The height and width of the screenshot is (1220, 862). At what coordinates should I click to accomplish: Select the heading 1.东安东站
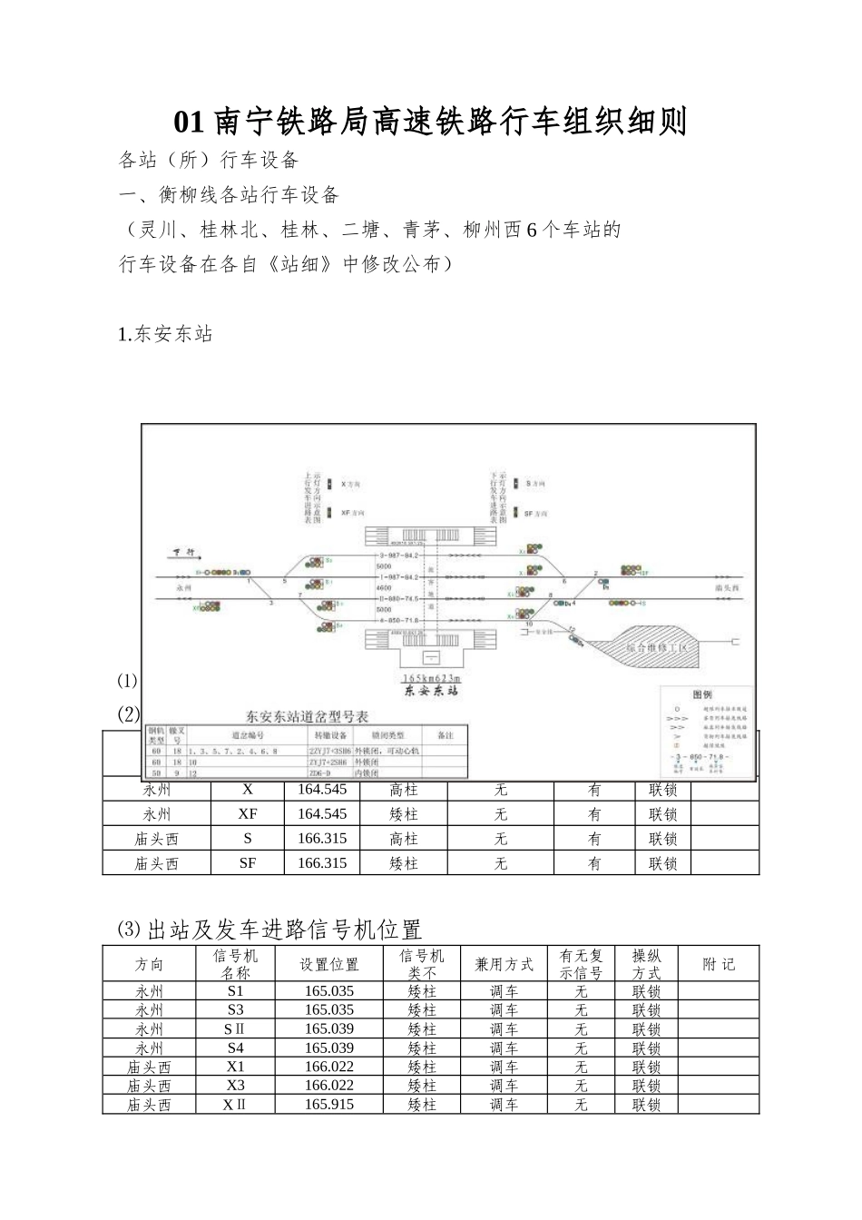[x=166, y=334]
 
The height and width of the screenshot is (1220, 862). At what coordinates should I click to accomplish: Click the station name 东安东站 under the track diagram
[x=431, y=691]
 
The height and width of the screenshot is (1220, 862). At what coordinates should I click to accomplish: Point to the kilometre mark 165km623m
[x=431, y=678]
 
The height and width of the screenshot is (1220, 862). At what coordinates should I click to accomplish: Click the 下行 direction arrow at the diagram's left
[x=186, y=553]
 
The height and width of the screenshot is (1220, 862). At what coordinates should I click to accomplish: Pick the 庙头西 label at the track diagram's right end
[x=727, y=588]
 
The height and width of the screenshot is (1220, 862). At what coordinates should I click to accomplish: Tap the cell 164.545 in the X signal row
[x=322, y=790]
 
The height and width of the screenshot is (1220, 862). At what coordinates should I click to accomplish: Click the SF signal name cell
[x=248, y=863]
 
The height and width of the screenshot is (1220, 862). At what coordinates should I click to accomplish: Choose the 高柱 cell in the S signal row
[x=404, y=839]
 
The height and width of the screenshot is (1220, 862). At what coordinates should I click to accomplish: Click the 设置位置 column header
[x=329, y=965]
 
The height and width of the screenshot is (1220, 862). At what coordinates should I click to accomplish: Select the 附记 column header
[x=719, y=965]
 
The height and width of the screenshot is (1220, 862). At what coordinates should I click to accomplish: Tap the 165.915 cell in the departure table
[x=329, y=1105]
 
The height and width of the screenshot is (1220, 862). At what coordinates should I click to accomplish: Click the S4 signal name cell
[x=235, y=1048]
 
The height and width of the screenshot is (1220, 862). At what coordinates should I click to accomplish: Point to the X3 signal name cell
[x=235, y=1086]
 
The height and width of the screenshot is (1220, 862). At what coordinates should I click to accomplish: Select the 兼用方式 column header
[x=504, y=965]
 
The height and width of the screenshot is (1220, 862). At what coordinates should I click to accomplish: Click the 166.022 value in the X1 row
[x=329, y=1067]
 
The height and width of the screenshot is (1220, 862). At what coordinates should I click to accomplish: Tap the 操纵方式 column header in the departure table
[x=647, y=965]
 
